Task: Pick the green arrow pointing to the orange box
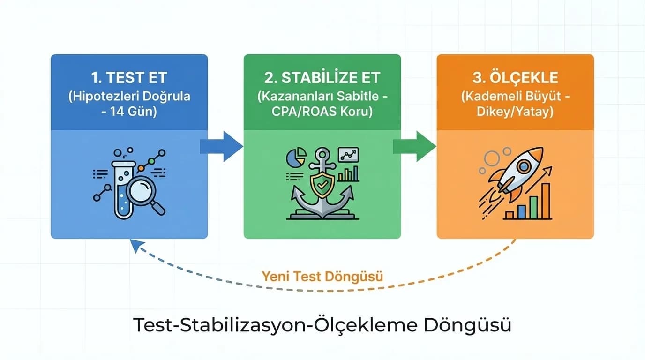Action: [x=414, y=146]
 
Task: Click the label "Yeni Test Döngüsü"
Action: [x=322, y=276]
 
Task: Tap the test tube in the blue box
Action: [x=123, y=190]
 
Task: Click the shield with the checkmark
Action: [x=322, y=185]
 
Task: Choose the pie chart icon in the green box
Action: [x=295, y=157]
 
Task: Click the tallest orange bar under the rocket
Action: [x=545, y=201]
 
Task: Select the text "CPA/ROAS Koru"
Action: [x=322, y=112]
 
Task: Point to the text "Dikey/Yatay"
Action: [x=515, y=112]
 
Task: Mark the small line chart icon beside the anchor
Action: [x=348, y=154]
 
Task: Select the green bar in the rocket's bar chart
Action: [x=533, y=207]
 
